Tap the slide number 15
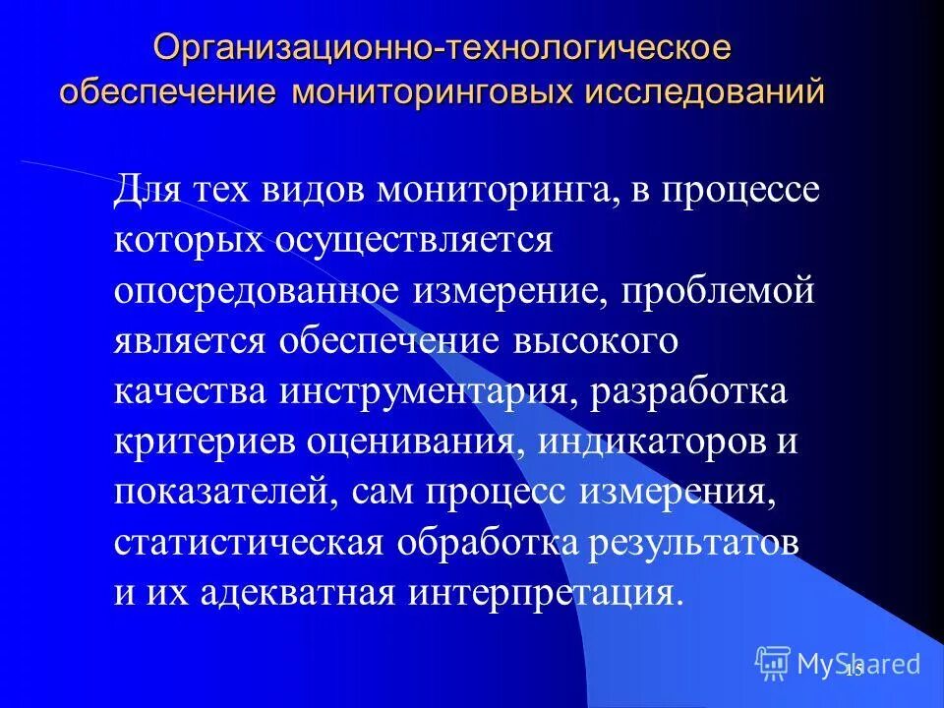point(853,670)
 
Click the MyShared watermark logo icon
point(774,663)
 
